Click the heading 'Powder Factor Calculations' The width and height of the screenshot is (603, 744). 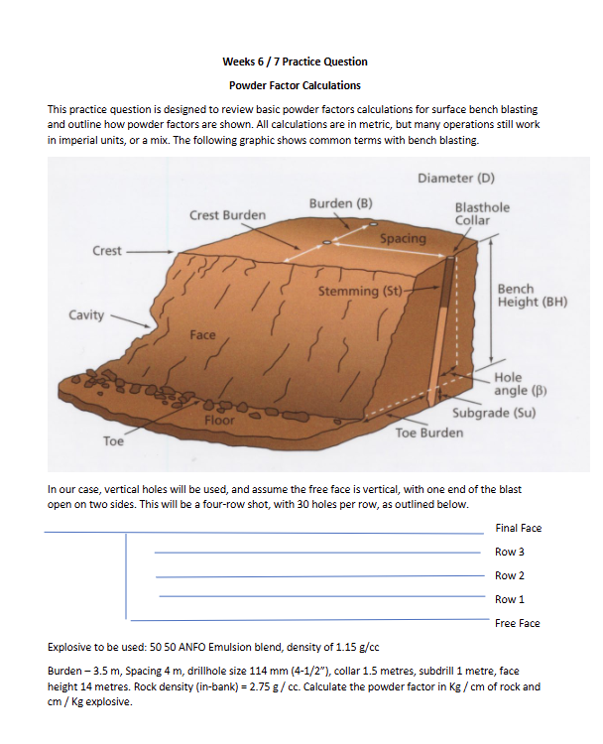[295, 85]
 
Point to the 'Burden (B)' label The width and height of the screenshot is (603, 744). [340, 203]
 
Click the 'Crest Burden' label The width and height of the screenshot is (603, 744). [227, 214]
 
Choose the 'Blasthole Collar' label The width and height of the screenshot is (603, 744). [482, 213]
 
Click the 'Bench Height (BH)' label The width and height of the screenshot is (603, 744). [532, 296]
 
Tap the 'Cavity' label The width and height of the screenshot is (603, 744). [86, 314]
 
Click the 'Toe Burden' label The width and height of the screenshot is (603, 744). [428, 433]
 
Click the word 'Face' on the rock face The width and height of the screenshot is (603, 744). [202, 335]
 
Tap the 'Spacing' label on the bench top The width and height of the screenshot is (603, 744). [403, 239]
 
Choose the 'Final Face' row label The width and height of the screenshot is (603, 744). [518, 528]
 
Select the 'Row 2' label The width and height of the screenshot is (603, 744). [509, 575]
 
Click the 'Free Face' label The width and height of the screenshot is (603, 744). [517, 623]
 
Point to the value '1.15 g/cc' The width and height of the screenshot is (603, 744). [358, 647]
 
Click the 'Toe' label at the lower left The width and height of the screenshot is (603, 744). [114, 440]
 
